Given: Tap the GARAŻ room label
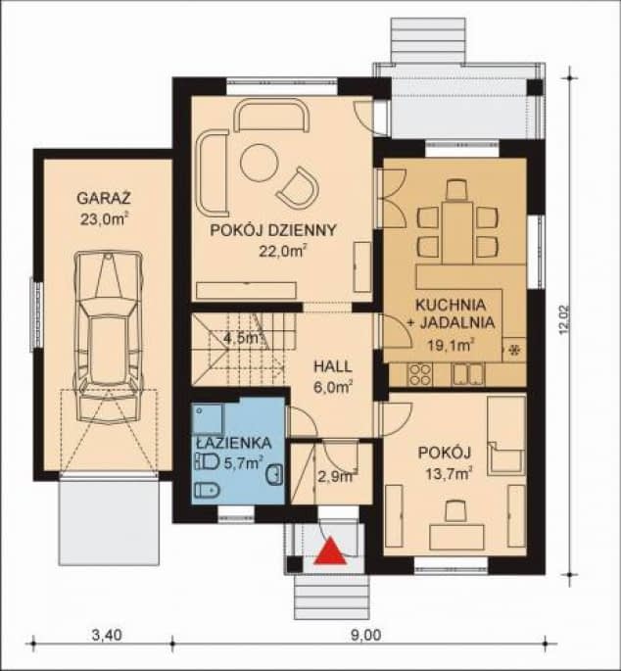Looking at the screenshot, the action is [104, 199].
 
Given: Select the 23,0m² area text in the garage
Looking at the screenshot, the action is [104, 219].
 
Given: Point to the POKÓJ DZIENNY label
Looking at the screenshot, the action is [273, 230].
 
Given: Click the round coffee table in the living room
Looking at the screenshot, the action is [259, 163].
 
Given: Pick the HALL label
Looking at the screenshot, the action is [333, 366].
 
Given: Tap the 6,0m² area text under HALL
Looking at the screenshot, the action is [333, 388].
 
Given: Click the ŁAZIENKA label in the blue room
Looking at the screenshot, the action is [234, 443].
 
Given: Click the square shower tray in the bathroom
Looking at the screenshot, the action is [208, 418].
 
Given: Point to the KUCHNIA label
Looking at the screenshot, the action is [451, 305].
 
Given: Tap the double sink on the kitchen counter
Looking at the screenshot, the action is [468, 373].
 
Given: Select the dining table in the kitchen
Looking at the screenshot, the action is [457, 232].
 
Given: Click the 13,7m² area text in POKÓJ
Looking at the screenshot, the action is [449, 474].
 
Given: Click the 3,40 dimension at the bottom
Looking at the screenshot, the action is [107, 635].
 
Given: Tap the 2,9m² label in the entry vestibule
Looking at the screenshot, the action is [337, 476].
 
